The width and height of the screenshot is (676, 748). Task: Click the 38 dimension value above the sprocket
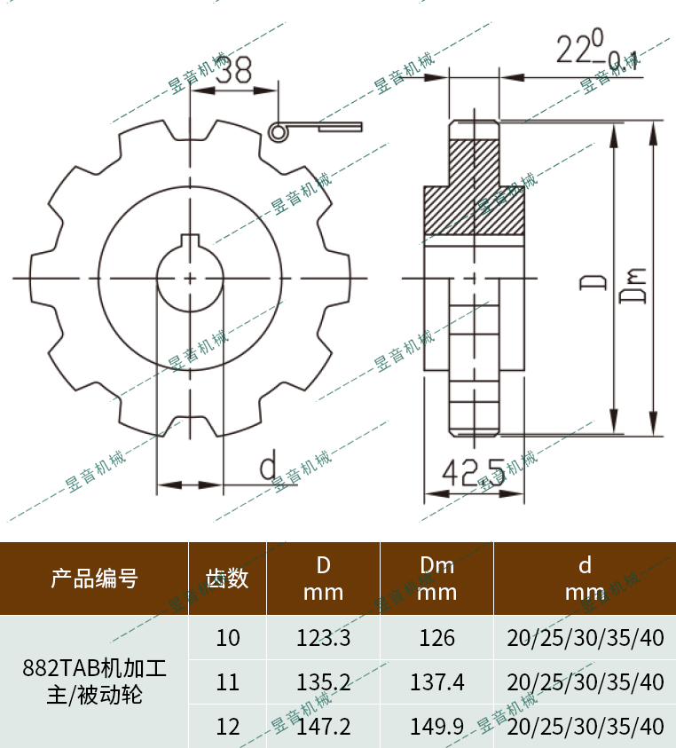click(x=233, y=71)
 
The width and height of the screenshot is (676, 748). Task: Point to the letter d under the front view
click(x=268, y=464)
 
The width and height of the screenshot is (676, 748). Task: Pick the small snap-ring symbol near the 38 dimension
click(x=279, y=131)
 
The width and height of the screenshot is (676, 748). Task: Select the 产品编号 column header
click(x=94, y=579)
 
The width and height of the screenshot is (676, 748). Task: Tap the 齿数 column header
click(x=228, y=579)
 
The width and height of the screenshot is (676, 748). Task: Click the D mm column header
click(x=323, y=579)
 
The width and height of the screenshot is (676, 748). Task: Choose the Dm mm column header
click(x=436, y=579)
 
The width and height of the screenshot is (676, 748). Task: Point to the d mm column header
click(x=585, y=579)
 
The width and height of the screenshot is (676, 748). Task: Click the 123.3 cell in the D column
click(x=323, y=638)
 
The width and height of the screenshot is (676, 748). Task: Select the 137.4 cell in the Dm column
click(x=436, y=682)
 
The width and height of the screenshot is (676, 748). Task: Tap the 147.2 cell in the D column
click(x=323, y=727)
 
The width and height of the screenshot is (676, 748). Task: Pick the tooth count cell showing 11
click(x=228, y=682)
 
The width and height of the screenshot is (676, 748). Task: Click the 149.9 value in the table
click(x=436, y=727)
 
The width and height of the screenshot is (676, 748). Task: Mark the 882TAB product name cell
click(x=94, y=681)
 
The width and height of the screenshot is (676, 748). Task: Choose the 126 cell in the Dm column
click(x=436, y=638)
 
